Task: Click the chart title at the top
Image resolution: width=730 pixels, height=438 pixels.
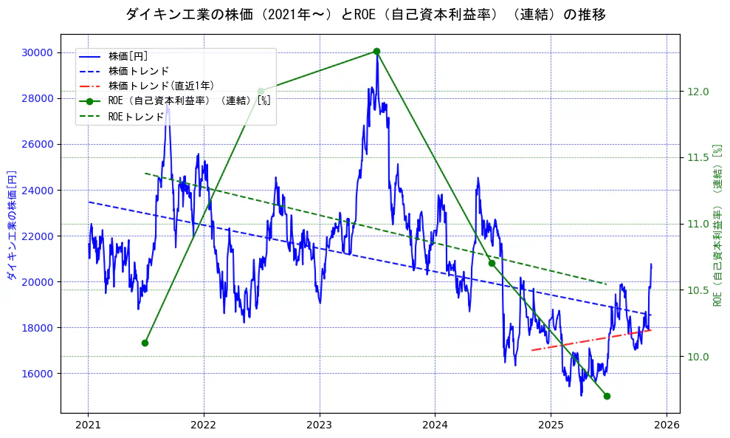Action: tap(365, 14)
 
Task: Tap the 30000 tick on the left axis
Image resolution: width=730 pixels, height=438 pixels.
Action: tap(36, 52)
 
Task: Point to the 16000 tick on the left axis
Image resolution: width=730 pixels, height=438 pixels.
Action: tap(36, 374)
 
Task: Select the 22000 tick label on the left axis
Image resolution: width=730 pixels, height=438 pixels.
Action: tap(36, 236)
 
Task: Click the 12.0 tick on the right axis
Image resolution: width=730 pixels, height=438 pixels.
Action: tap(698, 92)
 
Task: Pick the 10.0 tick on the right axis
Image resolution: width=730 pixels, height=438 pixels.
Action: tap(698, 357)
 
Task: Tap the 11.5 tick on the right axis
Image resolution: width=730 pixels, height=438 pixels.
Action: tap(698, 158)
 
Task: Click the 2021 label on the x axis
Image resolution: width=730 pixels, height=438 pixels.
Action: tap(88, 426)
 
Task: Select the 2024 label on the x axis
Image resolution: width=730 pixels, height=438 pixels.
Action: tap(435, 426)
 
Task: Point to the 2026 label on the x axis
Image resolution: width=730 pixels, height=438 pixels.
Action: tap(666, 426)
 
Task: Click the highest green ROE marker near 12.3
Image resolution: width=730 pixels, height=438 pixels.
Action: tap(376, 51)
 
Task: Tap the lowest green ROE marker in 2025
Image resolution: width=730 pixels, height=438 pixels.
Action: tap(607, 396)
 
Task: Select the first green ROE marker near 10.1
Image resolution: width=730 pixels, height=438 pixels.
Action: tap(145, 343)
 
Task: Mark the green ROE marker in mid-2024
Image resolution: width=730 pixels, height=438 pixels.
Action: tap(492, 263)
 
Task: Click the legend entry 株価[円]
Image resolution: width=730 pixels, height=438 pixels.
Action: tap(128, 56)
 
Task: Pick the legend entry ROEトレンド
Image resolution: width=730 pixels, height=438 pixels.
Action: tap(136, 117)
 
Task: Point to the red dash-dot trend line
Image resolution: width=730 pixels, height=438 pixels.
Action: tap(590, 340)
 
